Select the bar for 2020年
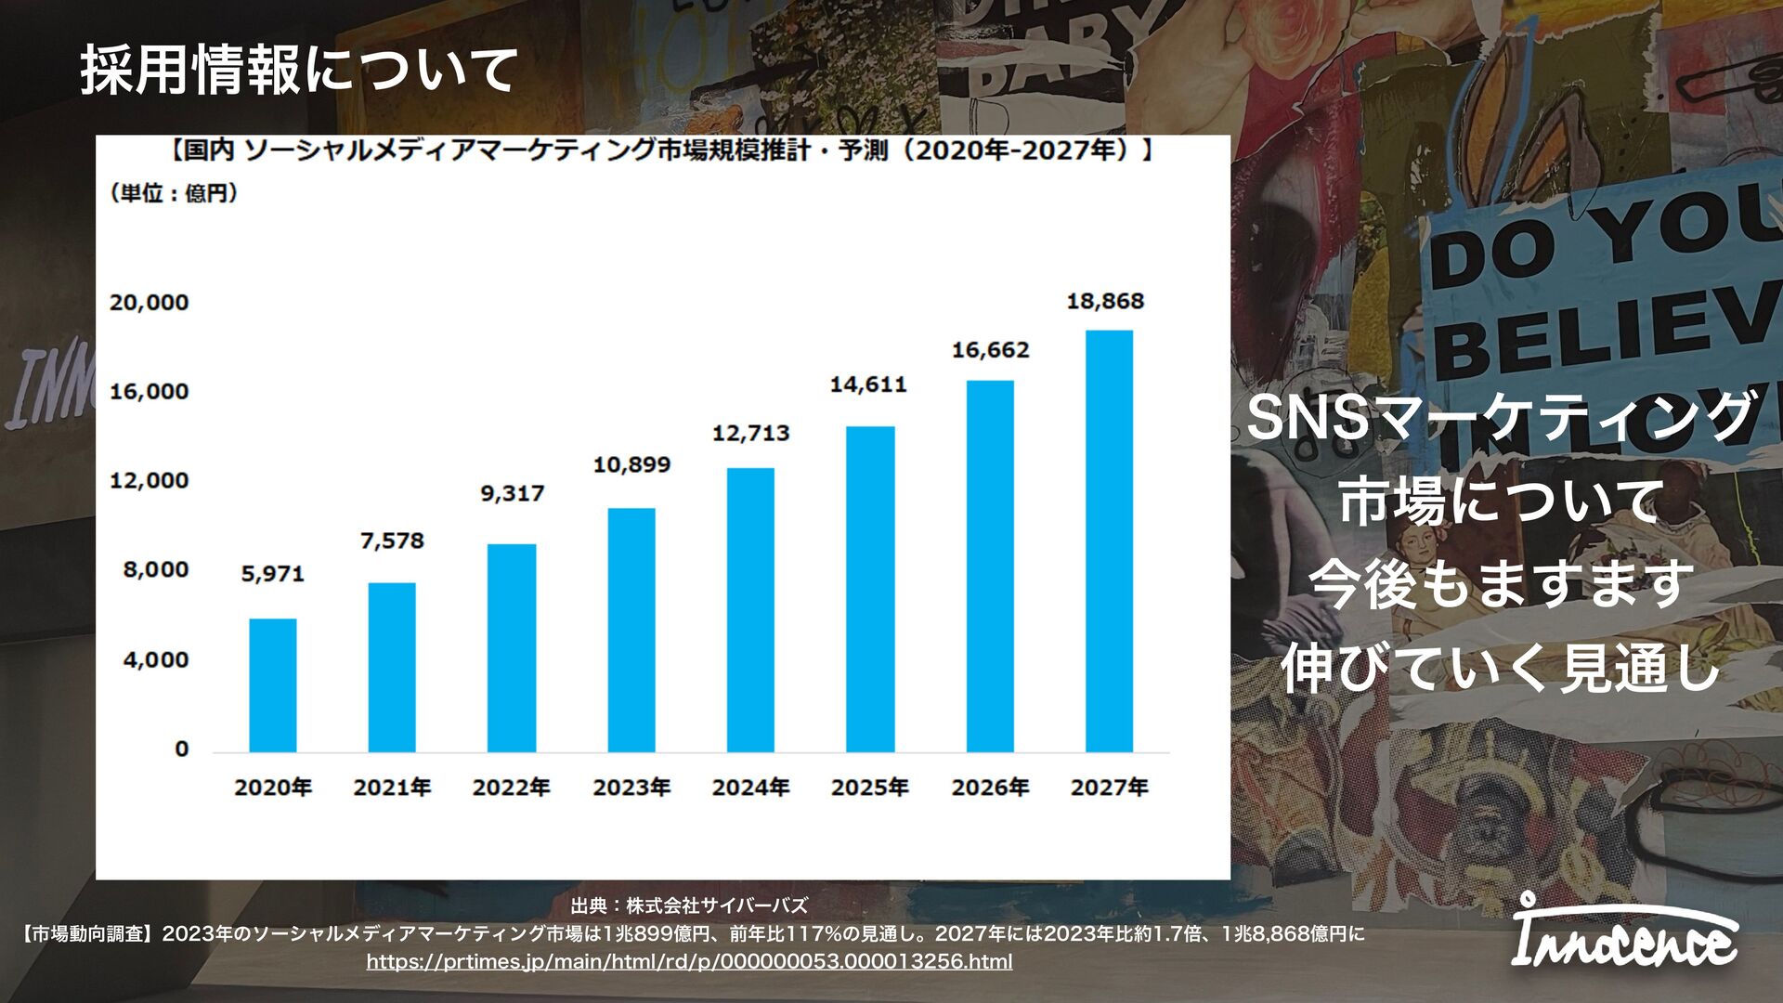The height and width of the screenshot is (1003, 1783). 273,684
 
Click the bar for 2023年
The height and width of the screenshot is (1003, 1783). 631,630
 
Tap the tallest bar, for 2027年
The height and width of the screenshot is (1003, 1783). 1109,541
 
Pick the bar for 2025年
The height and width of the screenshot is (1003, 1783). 870,589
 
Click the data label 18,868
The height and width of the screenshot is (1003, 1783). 1105,301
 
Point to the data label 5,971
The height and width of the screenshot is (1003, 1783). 273,574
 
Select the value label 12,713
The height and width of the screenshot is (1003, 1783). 750,433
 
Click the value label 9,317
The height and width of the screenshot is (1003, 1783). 512,493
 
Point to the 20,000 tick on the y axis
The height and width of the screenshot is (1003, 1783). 149,302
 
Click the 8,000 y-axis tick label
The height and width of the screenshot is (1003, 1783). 155,569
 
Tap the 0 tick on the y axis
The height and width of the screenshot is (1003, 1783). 182,749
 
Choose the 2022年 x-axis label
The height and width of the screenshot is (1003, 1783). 511,788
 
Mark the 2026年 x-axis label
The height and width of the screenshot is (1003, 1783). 990,788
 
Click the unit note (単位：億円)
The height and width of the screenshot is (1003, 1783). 174,193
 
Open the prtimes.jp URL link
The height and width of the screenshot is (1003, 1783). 689,961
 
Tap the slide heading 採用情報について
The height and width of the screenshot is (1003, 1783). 298,70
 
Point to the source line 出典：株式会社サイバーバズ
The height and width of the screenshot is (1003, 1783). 689,905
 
